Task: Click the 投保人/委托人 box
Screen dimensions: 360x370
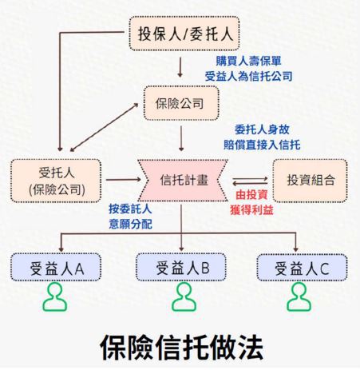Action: pos(184,34)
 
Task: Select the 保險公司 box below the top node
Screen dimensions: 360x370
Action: pos(181,103)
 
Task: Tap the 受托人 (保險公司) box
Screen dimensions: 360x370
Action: pos(56,181)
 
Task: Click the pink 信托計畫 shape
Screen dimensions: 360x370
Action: pos(183,181)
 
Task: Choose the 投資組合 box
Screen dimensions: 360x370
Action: pos(310,181)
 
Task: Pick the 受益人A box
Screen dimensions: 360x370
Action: pos(56,267)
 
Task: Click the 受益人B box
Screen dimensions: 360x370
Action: pos(181,267)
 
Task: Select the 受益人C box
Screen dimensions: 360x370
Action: pos(302,268)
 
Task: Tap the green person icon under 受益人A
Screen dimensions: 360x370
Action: pos(55,297)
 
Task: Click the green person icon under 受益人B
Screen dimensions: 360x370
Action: pos(184,297)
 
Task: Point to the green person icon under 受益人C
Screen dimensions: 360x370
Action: pos(299,297)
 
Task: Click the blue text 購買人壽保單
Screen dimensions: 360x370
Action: pos(248,61)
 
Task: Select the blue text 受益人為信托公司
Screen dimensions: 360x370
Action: pos(248,77)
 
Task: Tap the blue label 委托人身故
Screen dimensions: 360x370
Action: pos(262,129)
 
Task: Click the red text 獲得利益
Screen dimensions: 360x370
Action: pos(251,210)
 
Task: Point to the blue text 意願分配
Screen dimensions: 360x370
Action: pos(130,224)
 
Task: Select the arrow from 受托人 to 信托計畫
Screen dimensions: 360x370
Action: pos(123,180)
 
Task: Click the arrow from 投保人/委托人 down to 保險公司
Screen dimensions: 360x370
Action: pos(180,67)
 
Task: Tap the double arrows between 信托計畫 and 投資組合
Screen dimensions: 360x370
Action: pos(250,181)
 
